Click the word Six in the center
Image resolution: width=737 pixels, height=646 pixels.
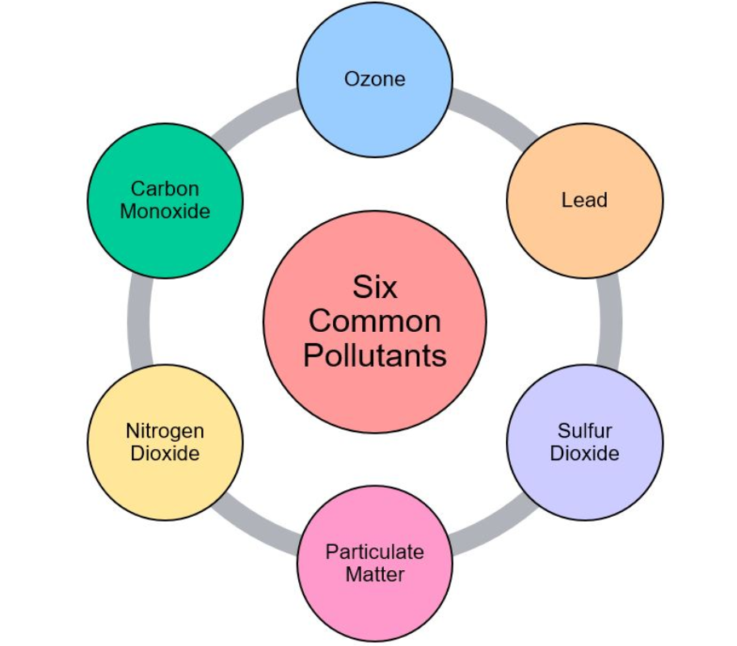[374, 287]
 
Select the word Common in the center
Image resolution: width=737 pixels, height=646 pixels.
[374, 321]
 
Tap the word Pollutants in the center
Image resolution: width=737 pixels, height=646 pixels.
[374, 355]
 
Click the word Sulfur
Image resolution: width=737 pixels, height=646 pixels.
[584, 431]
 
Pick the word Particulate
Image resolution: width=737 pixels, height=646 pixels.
[374, 552]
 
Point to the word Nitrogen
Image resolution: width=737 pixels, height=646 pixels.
[165, 431]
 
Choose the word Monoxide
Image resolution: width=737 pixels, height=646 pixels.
[165, 211]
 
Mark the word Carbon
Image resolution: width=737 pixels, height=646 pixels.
[165, 189]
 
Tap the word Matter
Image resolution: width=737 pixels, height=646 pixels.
[374, 575]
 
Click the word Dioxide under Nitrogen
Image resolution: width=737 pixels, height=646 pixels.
[165, 453]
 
